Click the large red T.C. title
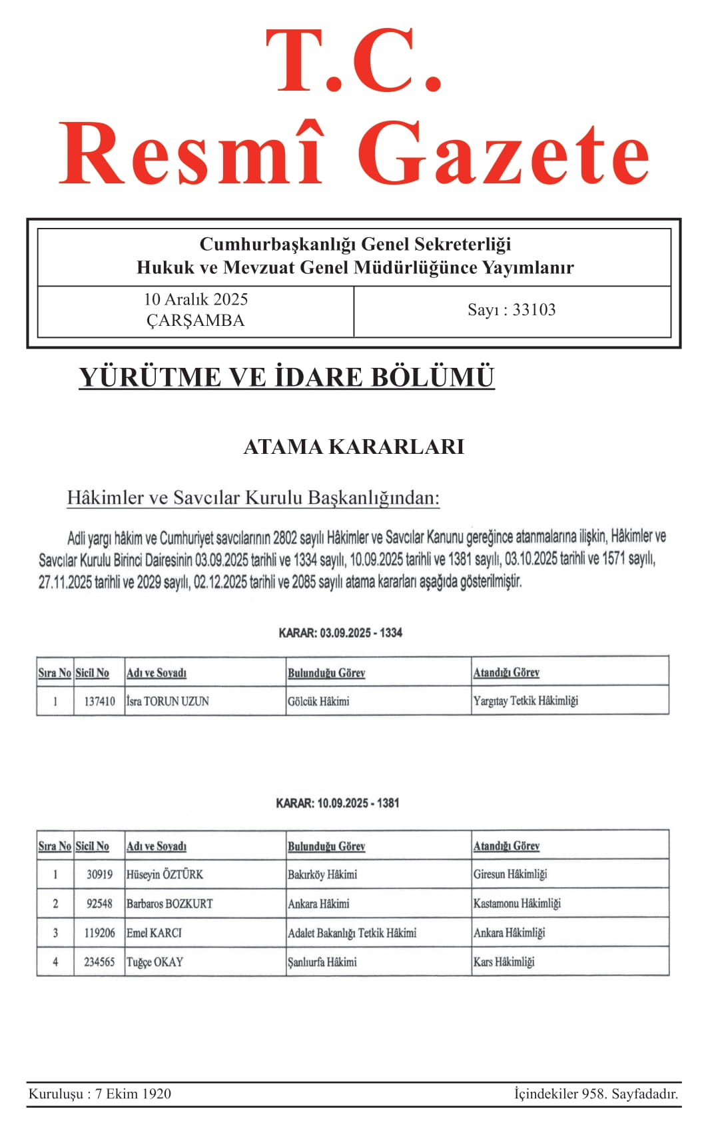(354, 61)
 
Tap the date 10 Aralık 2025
(196, 299)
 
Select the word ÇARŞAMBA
(196, 321)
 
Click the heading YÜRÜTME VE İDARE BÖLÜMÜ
(286, 377)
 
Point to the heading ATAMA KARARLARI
(354, 447)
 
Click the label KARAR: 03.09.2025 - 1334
(340, 632)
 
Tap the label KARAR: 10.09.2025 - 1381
(338, 803)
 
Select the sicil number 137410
(99, 701)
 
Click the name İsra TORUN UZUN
(168, 701)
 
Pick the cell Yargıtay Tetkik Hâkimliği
(526, 700)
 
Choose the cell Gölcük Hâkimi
(318, 701)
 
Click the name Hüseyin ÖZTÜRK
(165, 874)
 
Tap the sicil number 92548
(100, 904)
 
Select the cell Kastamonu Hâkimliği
(517, 903)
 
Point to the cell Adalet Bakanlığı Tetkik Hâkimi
(352, 933)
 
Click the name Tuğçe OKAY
(155, 962)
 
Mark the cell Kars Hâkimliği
(504, 962)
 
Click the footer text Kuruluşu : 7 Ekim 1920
(100, 1094)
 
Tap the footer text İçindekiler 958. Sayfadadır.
(596, 1094)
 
